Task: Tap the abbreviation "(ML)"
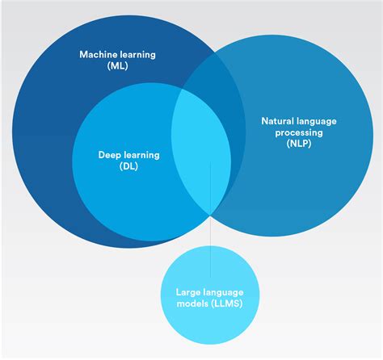[117, 65]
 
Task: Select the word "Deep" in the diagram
[109, 155]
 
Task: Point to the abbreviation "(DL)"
[128, 166]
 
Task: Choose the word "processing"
[299, 132]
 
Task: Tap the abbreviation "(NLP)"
[299, 144]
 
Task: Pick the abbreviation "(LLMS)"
[227, 303]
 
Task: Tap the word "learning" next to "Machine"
[138, 55]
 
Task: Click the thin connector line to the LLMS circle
[210, 220]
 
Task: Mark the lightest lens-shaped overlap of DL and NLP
[201, 151]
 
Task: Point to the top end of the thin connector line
[210, 162]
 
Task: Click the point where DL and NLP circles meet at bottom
[210, 215]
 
